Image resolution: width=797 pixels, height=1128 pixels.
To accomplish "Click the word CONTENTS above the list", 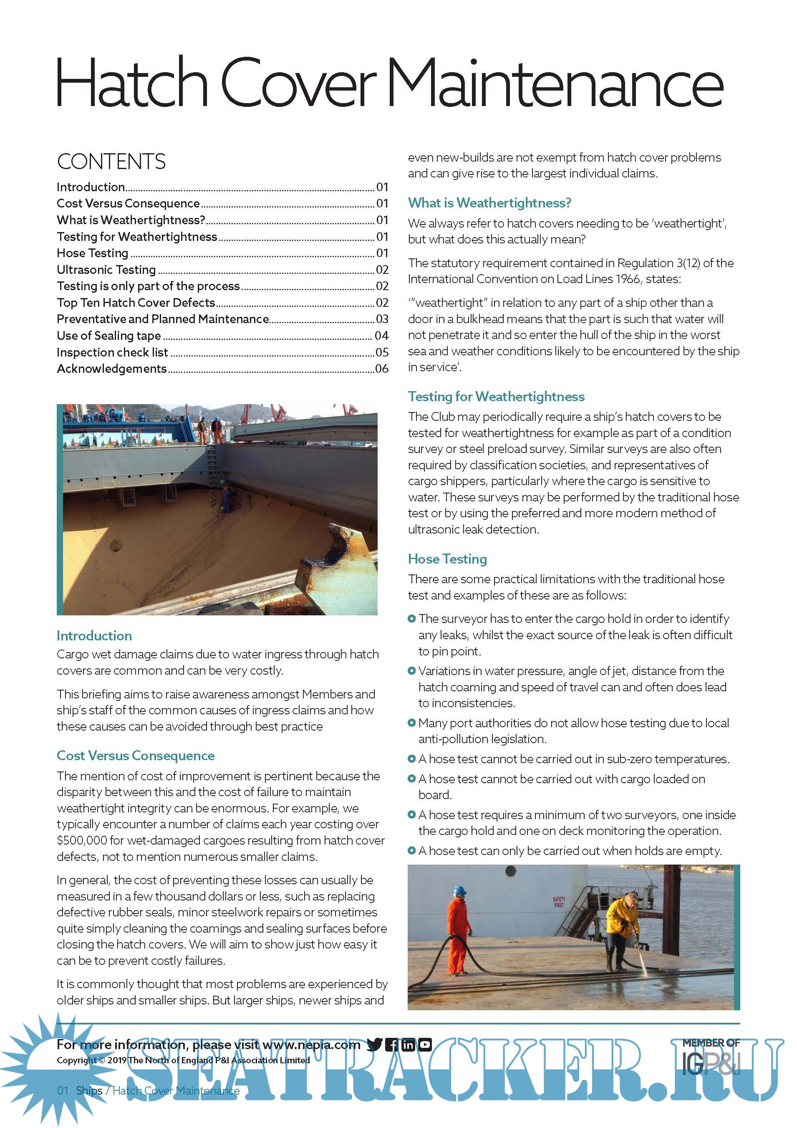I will point(111,162).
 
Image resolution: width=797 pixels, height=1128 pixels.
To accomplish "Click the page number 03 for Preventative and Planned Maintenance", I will point(382,319).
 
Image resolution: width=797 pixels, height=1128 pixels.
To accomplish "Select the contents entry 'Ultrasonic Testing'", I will point(106,270).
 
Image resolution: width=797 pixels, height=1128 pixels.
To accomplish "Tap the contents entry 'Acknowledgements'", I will point(112,369).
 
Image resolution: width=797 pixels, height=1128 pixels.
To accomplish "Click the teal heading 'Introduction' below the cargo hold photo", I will point(94,636).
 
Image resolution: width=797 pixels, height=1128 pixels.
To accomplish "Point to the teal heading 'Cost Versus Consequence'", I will point(136,756).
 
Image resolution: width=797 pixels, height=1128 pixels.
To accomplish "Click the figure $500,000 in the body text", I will point(81,841).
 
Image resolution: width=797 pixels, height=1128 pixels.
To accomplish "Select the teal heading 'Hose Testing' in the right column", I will point(447,559).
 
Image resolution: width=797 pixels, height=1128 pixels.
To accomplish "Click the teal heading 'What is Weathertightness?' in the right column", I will point(489,203).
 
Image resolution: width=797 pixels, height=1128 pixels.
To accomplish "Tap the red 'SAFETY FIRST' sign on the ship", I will point(559,901).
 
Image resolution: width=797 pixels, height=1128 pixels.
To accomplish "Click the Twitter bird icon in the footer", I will point(374,1045).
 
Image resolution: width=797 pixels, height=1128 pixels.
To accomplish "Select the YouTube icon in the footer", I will point(425,1045).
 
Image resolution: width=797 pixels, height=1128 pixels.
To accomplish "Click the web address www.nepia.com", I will point(311,1045).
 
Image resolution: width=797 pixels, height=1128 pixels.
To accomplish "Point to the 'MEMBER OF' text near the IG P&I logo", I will point(711,1043).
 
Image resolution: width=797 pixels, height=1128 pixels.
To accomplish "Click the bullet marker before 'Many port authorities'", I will point(411,723).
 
